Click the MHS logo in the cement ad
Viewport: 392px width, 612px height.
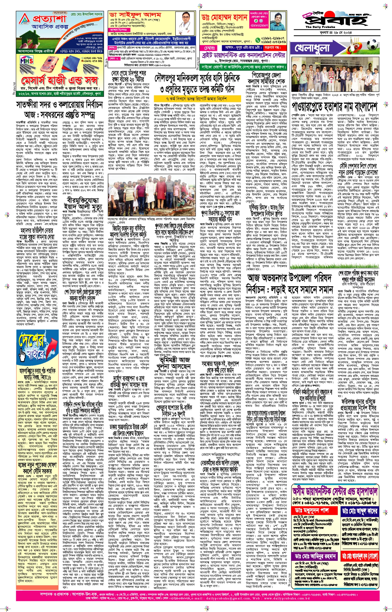pos(26,61)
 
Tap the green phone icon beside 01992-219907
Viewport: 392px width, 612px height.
pos(257,40)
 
